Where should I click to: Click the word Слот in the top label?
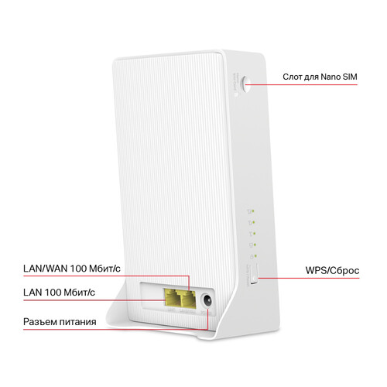(294, 79)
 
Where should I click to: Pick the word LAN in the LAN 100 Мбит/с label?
(34, 293)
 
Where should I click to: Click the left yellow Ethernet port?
(170, 296)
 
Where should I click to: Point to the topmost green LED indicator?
(250, 210)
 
